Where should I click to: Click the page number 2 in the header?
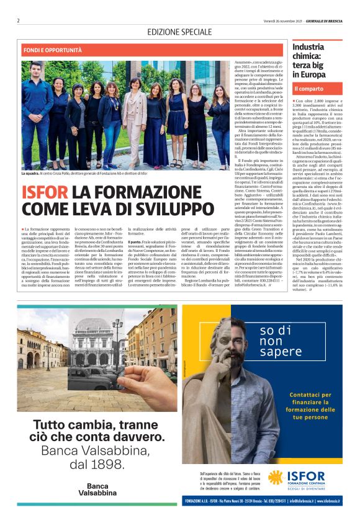click(x=19, y=20)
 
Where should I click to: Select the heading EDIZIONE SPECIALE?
click(x=179, y=32)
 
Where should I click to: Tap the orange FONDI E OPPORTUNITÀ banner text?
click(x=53, y=50)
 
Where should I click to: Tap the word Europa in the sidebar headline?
click(x=309, y=74)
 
